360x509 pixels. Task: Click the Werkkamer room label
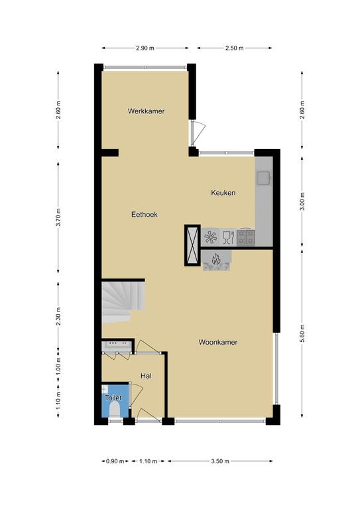pyautogui.click(x=146, y=111)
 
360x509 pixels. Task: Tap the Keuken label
pyautogui.click(x=223, y=193)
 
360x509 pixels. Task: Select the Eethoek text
pyautogui.click(x=145, y=214)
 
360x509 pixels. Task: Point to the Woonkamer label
pyautogui.click(x=218, y=342)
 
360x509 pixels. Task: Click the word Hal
pyautogui.click(x=146, y=376)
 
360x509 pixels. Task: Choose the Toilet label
pyautogui.click(x=113, y=398)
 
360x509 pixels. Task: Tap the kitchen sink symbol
pyautogui.click(x=265, y=178)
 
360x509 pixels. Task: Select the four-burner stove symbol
pyautogui.click(x=246, y=237)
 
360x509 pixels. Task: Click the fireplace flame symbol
pyautogui.click(x=216, y=258)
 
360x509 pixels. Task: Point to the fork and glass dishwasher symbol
pyautogui.click(x=228, y=237)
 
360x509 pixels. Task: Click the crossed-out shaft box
pyautogui.click(x=192, y=245)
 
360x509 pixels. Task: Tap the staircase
pyautogui.click(x=123, y=302)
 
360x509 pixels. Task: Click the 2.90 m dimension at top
pyautogui.click(x=145, y=48)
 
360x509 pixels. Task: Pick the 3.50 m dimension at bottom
pyautogui.click(x=220, y=461)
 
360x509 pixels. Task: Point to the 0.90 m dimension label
pyautogui.click(x=115, y=461)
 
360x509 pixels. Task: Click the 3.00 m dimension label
pyautogui.click(x=302, y=201)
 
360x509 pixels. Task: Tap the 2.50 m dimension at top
pyautogui.click(x=235, y=48)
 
